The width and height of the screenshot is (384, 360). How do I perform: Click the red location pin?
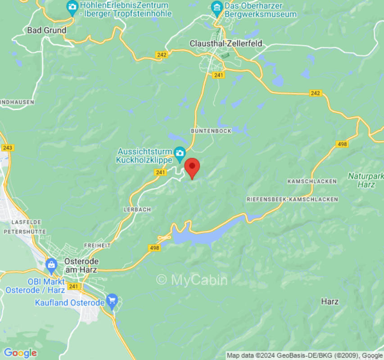tap(193, 167)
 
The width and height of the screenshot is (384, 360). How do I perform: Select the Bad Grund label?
tap(46, 30)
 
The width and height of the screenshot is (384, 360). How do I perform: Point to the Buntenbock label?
tap(211, 130)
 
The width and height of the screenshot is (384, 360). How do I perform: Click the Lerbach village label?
tap(137, 210)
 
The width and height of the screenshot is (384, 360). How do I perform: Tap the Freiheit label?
tap(97, 245)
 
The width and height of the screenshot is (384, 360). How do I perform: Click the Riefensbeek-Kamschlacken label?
tap(292, 199)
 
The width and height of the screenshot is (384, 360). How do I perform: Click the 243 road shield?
tap(8, 148)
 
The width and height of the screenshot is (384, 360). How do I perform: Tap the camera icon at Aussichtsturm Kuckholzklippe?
tap(180, 152)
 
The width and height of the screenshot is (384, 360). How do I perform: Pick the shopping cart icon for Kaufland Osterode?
tap(112, 299)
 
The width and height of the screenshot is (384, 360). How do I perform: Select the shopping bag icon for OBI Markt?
tap(51, 264)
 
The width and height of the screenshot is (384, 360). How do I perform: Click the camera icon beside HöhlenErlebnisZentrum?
tap(72, 7)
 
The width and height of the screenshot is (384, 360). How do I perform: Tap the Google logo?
tap(20, 353)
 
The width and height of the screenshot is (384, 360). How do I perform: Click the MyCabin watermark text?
tap(192, 280)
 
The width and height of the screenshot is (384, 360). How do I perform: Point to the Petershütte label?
tap(25, 231)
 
